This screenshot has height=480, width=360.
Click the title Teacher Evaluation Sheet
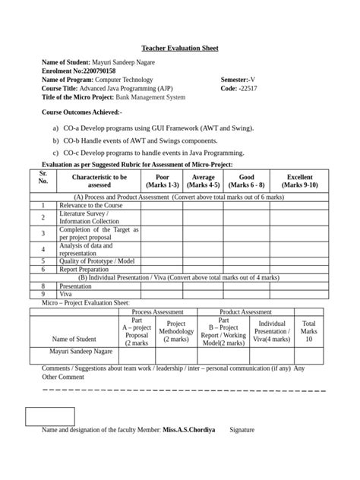pyautogui.click(x=180, y=48)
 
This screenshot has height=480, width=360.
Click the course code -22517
pyautogui.click(x=248, y=88)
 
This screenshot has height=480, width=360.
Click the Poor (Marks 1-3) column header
pyautogui.click(x=162, y=181)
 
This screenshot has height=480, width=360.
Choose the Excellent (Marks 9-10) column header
pyautogui.click(x=298, y=181)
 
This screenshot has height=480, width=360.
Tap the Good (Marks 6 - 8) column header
pyautogui.click(x=245, y=181)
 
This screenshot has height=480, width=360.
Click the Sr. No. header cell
pyautogui.click(x=43, y=177)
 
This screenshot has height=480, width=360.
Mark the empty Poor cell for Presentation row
pyautogui.click(x=162, y=286)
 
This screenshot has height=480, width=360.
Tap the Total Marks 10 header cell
pyautogui.click(x=309, y=331)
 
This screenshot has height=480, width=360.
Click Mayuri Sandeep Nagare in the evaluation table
pyautogui.click(x=74, y=352)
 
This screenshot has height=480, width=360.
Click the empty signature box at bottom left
pyautogui.click(x=50, y=416)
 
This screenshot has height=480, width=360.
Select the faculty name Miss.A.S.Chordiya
pyautogui.click(x=188, y=430)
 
